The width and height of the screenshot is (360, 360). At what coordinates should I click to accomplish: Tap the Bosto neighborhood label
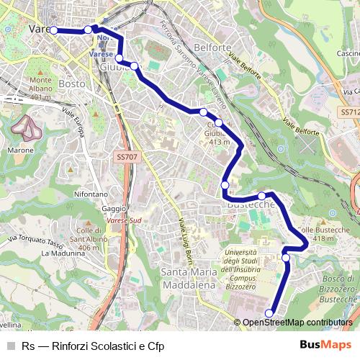72,84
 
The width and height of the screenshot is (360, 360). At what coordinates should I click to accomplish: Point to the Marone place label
19,150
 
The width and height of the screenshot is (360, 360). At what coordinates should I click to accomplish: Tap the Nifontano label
91,194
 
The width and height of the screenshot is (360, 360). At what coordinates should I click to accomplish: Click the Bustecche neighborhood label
252,205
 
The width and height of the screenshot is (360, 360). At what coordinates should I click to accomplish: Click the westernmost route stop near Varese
53,30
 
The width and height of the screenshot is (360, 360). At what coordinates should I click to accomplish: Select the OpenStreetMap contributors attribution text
297,323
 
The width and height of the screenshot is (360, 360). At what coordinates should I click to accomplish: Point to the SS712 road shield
348,112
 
